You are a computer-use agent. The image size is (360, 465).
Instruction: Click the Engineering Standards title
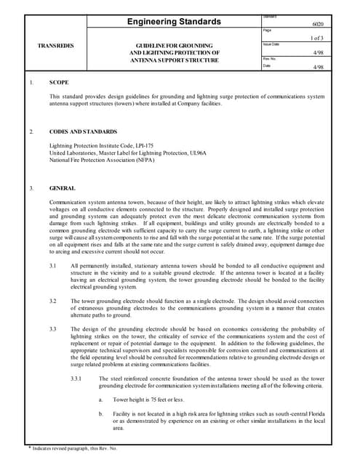click(174, 22)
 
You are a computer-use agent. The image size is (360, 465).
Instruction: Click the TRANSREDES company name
click(55, 46)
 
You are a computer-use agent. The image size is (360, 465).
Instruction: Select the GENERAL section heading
click(63, 188)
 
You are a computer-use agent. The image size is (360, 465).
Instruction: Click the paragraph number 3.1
click(53, 266)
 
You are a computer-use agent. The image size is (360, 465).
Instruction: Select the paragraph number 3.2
click(53, 300)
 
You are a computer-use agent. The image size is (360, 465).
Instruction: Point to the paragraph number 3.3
click(53, 329)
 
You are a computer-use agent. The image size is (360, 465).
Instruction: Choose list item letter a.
click(100, 400)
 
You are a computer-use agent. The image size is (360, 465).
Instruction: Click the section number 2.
click(31, 132)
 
